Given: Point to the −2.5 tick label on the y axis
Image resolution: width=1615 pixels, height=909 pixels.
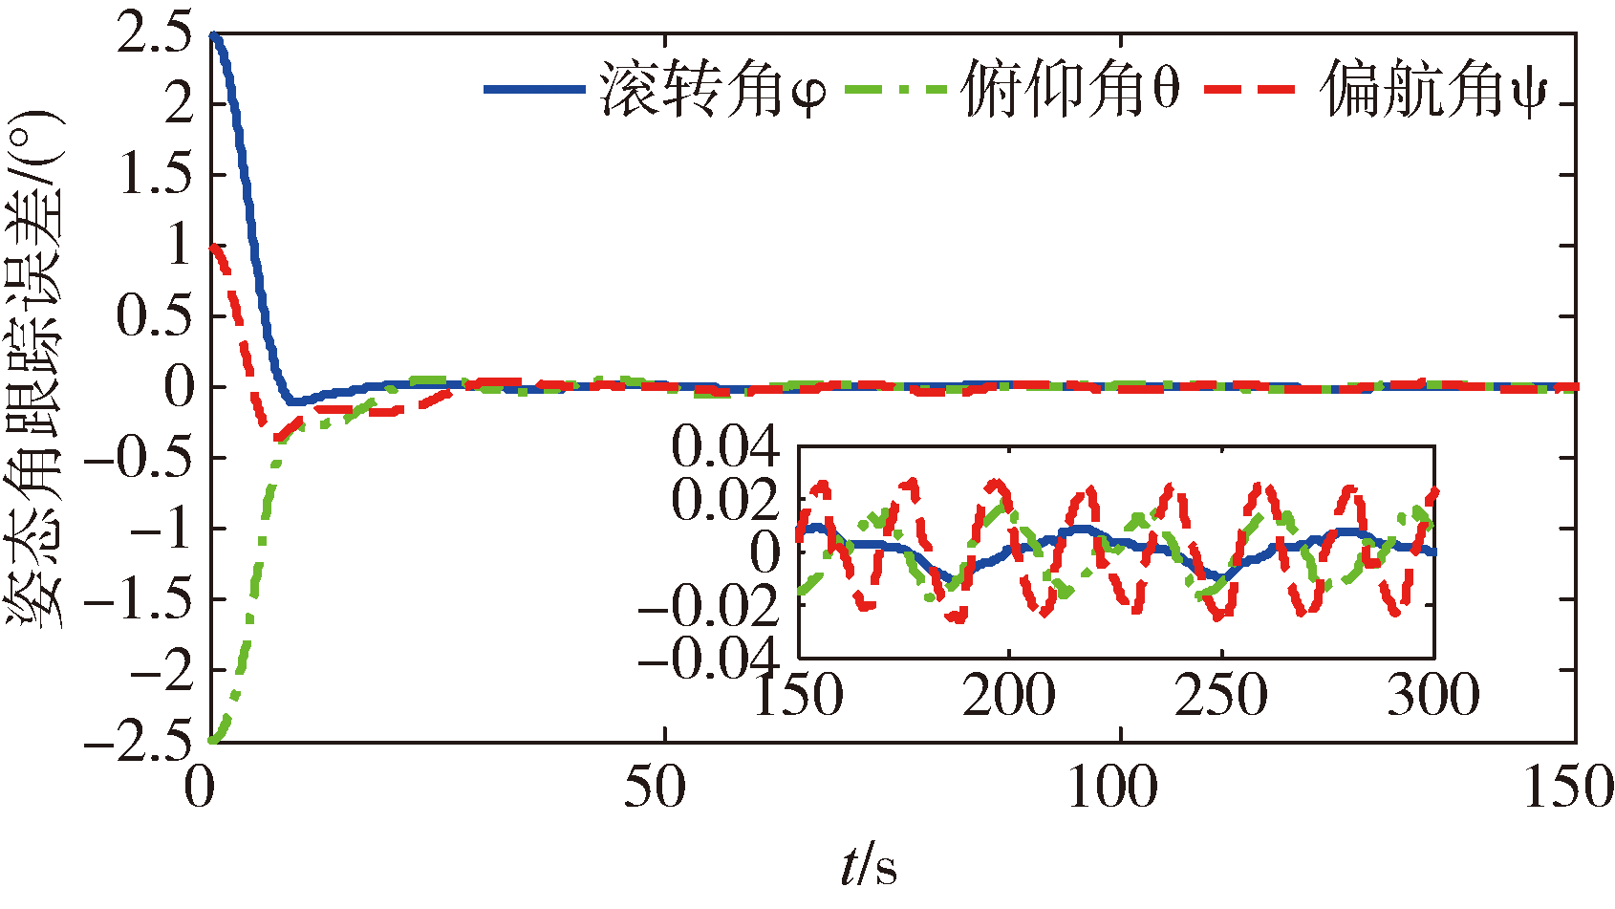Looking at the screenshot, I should [138, 742].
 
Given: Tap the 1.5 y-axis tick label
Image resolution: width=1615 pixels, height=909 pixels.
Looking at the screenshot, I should [153, 175].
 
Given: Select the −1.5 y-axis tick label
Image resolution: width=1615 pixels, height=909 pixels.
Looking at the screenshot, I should [138, 600].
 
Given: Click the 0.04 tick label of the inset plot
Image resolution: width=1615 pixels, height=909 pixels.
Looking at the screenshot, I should [725, 446].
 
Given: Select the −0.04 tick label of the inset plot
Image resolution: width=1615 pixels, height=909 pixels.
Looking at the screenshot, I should [711, 657].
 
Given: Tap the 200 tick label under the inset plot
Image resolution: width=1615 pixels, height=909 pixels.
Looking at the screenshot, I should [1008, 695].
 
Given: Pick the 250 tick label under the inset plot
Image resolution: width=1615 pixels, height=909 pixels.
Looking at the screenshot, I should [1221, 695].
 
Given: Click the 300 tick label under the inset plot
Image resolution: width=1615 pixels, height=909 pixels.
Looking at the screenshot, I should [1433, 695].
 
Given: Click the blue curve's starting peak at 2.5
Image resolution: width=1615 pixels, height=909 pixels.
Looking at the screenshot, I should [215, 36].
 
